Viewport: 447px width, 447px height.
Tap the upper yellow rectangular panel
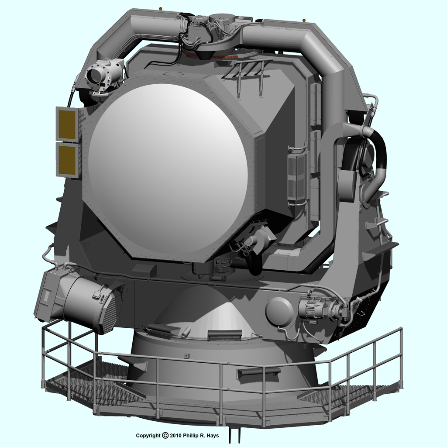[67, 124]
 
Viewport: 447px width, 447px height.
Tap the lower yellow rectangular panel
[67, 160]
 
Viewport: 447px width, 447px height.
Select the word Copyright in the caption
[148, 436]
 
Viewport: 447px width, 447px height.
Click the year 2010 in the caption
[175, 436]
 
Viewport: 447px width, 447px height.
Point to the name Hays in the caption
[213, 436]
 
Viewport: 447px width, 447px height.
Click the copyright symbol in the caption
[165, 435]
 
